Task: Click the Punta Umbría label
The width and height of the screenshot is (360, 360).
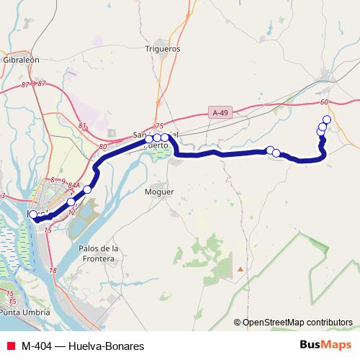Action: pyautogui.click(x=27, y=312)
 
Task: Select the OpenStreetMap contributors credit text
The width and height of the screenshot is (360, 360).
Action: pyautogui.click(x=297, y=322)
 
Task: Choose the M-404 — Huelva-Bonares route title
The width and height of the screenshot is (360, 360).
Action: pyautogui.click(x=82, y=346)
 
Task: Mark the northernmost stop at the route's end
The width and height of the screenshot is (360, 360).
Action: pyautogui.click(x=327, y=120)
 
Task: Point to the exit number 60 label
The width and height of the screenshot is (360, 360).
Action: pyautogui.click(x=325, y=103)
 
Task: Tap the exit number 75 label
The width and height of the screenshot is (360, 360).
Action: pyautogui.click(x=159, y=126)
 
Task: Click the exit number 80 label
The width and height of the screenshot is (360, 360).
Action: pyautogui.click(x=103, y=146)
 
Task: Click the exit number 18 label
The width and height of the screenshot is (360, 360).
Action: pyautogui.click(x=53, y=270)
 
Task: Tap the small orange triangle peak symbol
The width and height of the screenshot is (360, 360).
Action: pyautogui.click(x=240, y=269)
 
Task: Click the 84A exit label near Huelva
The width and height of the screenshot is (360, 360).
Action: pyautogui.click(x=73, y=185)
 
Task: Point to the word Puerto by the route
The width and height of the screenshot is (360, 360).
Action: pyautogui.click(x=157, y=144)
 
